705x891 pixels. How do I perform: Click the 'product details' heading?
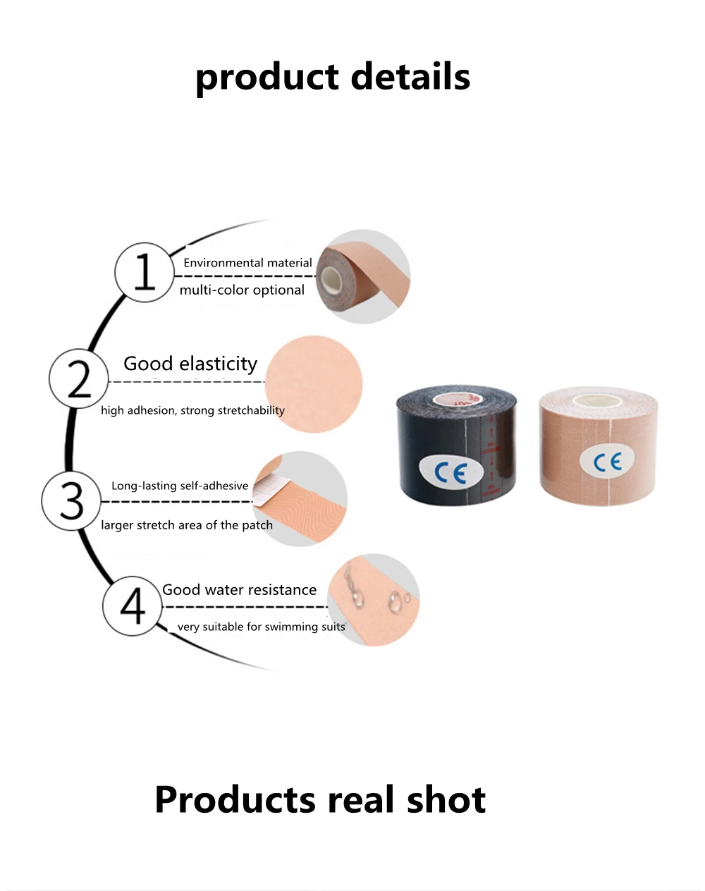pos(333,77)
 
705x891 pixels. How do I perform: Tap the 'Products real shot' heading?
pos(320,799)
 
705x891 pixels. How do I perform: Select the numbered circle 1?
pos(144,272)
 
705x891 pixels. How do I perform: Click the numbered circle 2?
pos(78,379)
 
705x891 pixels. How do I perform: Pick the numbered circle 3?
pos(71,500)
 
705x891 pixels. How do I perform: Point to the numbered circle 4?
pos(132,606)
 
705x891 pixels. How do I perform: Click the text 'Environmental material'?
pos(247,263)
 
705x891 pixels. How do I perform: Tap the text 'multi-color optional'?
pos(242,290)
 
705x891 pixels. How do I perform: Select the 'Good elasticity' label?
pos(190,364)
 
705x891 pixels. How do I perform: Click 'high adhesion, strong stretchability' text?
pos(192,410)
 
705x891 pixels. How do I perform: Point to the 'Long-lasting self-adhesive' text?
pos(180,486)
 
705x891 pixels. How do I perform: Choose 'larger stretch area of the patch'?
pos(187,525)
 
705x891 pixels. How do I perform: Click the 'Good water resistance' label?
pos(239,590)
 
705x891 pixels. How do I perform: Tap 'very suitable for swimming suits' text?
pos(261,627)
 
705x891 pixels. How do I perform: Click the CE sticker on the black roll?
pos(450,472)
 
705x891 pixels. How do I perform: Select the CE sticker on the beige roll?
pos(607,462)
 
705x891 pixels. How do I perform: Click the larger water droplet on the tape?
pos(396,603)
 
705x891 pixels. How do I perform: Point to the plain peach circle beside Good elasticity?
pos(313,384)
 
